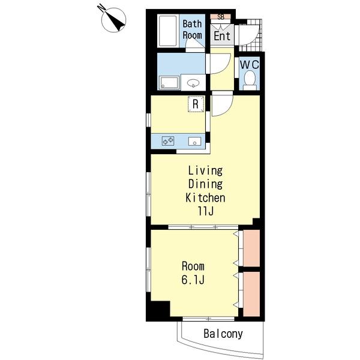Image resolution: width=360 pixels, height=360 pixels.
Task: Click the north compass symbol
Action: pyautogui.click(x=113, y=20)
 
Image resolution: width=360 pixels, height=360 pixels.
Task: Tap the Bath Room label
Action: pyautogui.click(x=193, y=29)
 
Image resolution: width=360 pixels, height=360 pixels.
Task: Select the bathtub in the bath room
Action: pyautogui.click(x=168, y=31)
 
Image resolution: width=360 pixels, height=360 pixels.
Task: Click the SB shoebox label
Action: pyautogui.click(x=221, y=17)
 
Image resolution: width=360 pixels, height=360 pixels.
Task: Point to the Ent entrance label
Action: pyautogui.click(x=222, y=36)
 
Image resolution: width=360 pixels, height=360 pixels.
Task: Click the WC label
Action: pyautogui.click(x=250, y=65)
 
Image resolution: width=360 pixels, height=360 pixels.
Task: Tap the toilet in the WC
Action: pyautogui.click(x=250, y=80)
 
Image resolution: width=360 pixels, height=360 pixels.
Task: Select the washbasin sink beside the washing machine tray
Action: pyautogui.click(x=193, y=82)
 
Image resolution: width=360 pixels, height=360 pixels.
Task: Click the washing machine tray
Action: pyautogui.click(x=169, y=82)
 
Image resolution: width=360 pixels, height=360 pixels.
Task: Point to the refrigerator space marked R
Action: pyautogui.click(x=196, y=104)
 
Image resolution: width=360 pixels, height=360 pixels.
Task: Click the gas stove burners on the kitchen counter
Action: pyautogui.click(x=168, y=140)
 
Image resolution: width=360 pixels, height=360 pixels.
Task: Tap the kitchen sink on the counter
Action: pyautogui.click(x=194, y=141)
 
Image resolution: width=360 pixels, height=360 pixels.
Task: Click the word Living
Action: pyautogui.click(x=205, y=171)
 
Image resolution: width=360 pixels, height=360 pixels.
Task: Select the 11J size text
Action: pyautogui.click(x=206, y=211)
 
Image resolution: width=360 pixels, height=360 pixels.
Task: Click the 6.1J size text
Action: pyautogui.click(x=193, y=280)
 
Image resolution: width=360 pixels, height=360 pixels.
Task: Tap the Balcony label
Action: pyautogui.click(x=223, y=334)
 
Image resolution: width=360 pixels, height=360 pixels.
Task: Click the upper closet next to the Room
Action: pyautogui.click(x=251, y=248)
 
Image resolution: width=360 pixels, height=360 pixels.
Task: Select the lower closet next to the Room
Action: pyautogui.click(x=251, y=294)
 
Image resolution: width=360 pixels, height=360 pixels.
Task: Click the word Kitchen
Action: pyautogui.click(x=205, y=198)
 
